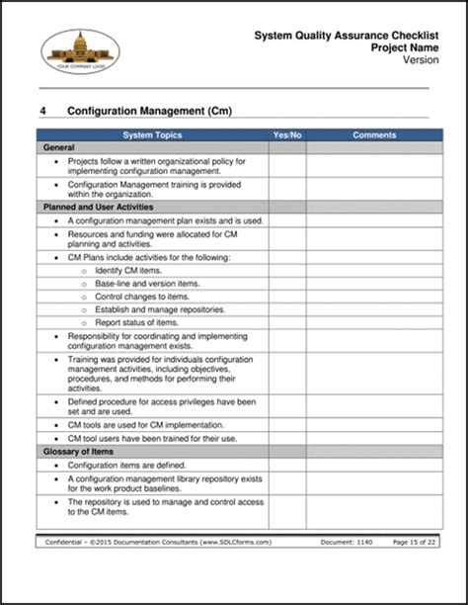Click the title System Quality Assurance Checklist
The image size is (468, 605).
click(341, 35)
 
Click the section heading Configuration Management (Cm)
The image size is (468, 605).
click(149, 112)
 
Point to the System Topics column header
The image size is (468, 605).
click(153, 134)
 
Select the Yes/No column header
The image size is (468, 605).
click(286, 134)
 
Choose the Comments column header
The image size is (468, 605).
click(374, 134)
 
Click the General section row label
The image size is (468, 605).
click(59, 147)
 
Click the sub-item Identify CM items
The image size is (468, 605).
click(128, 270)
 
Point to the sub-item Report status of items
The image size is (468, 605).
click(136, 322)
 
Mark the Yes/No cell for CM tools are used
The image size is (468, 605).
click(286, 424)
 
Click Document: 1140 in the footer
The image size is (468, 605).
click(347, 543)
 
